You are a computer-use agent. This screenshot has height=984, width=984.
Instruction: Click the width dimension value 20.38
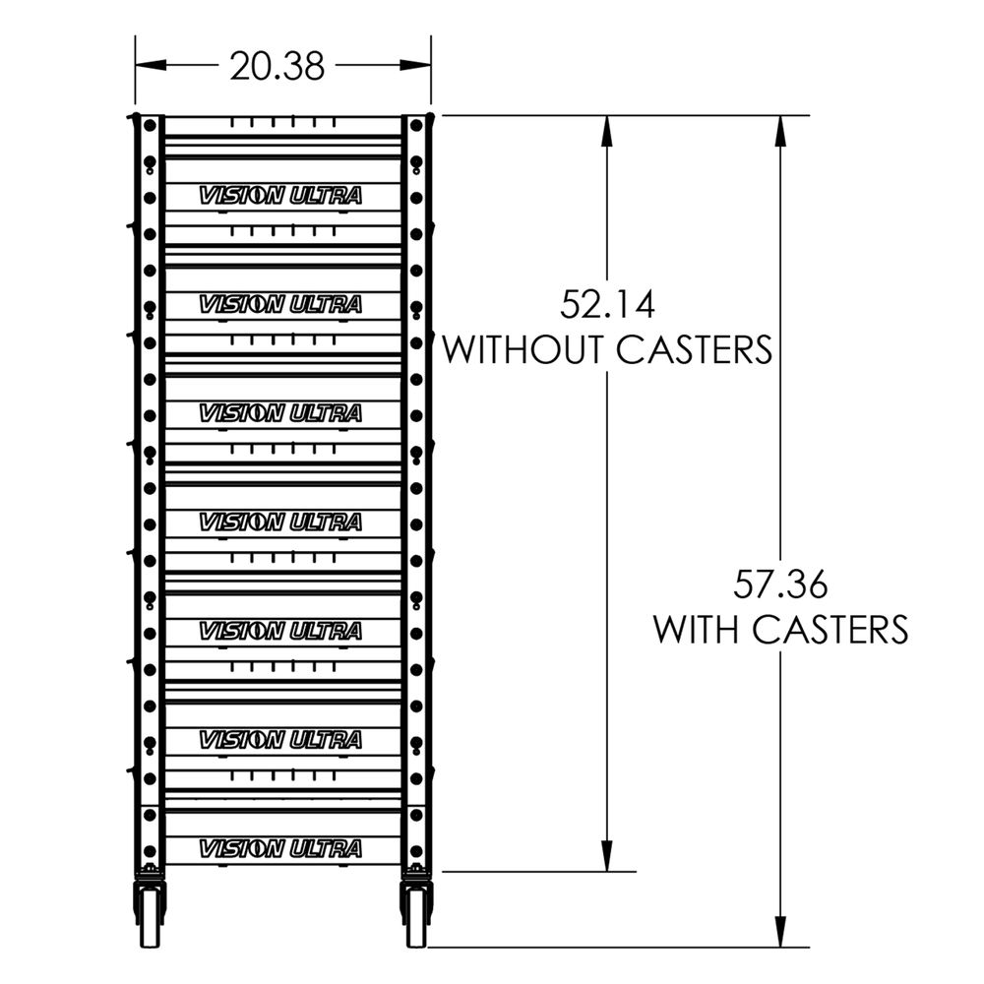pyautogui.click(x=277, y=66)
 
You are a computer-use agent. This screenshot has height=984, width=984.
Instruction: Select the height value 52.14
pyautogui.click(x=607, y=304)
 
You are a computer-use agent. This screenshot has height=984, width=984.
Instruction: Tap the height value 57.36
pyautogui.click(x=781, y=584)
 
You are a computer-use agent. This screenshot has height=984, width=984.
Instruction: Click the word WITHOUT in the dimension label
pyautogui.click(x=526, y=349)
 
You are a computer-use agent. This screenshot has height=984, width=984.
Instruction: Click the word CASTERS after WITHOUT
pyautogui.click(x=694, y=349)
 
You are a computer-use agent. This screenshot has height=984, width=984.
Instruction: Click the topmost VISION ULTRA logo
pyautogui.click(x=280, y=196)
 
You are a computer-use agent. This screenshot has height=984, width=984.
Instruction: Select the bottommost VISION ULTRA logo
pyautogui.click(x=280, y=848)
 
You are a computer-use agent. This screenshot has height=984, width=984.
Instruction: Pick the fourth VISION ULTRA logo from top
pyautogui.click(x=280, y=522)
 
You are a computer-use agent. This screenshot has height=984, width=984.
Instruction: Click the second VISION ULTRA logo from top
pyautogui.click(x=280, y=305)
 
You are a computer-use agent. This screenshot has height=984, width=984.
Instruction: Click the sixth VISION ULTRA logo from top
pyautogui.click(x=280, y=739)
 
